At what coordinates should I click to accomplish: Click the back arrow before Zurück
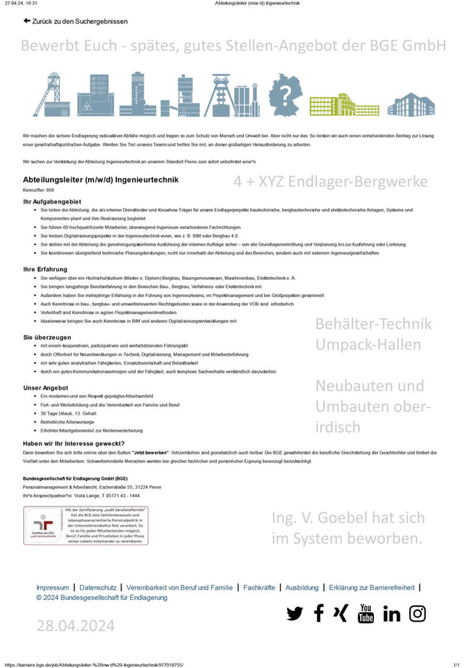point(27,21)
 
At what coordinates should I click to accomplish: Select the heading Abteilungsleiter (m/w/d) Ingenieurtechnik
point(101,180)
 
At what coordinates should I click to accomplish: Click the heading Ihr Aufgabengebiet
point(52,201)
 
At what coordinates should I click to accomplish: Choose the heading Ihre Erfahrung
point(45,269)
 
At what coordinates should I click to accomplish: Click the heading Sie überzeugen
point(47,337)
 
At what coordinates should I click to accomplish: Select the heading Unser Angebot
point(46,387)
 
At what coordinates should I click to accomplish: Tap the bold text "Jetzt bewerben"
point(150,452)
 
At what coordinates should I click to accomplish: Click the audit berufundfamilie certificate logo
point(43,526)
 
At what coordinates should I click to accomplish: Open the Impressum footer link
point(53,588)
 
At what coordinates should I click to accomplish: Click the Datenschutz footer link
point(98,588)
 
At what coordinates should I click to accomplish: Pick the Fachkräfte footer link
point(259,588)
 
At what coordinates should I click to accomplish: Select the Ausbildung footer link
point(302,588)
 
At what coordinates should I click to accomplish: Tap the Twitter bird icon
point(294,614)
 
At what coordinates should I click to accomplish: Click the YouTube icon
point(366,614)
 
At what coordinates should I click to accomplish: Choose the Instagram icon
point(417,614)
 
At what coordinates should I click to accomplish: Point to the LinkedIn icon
point(392,614)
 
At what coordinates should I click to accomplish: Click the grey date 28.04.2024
point(75,626)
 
